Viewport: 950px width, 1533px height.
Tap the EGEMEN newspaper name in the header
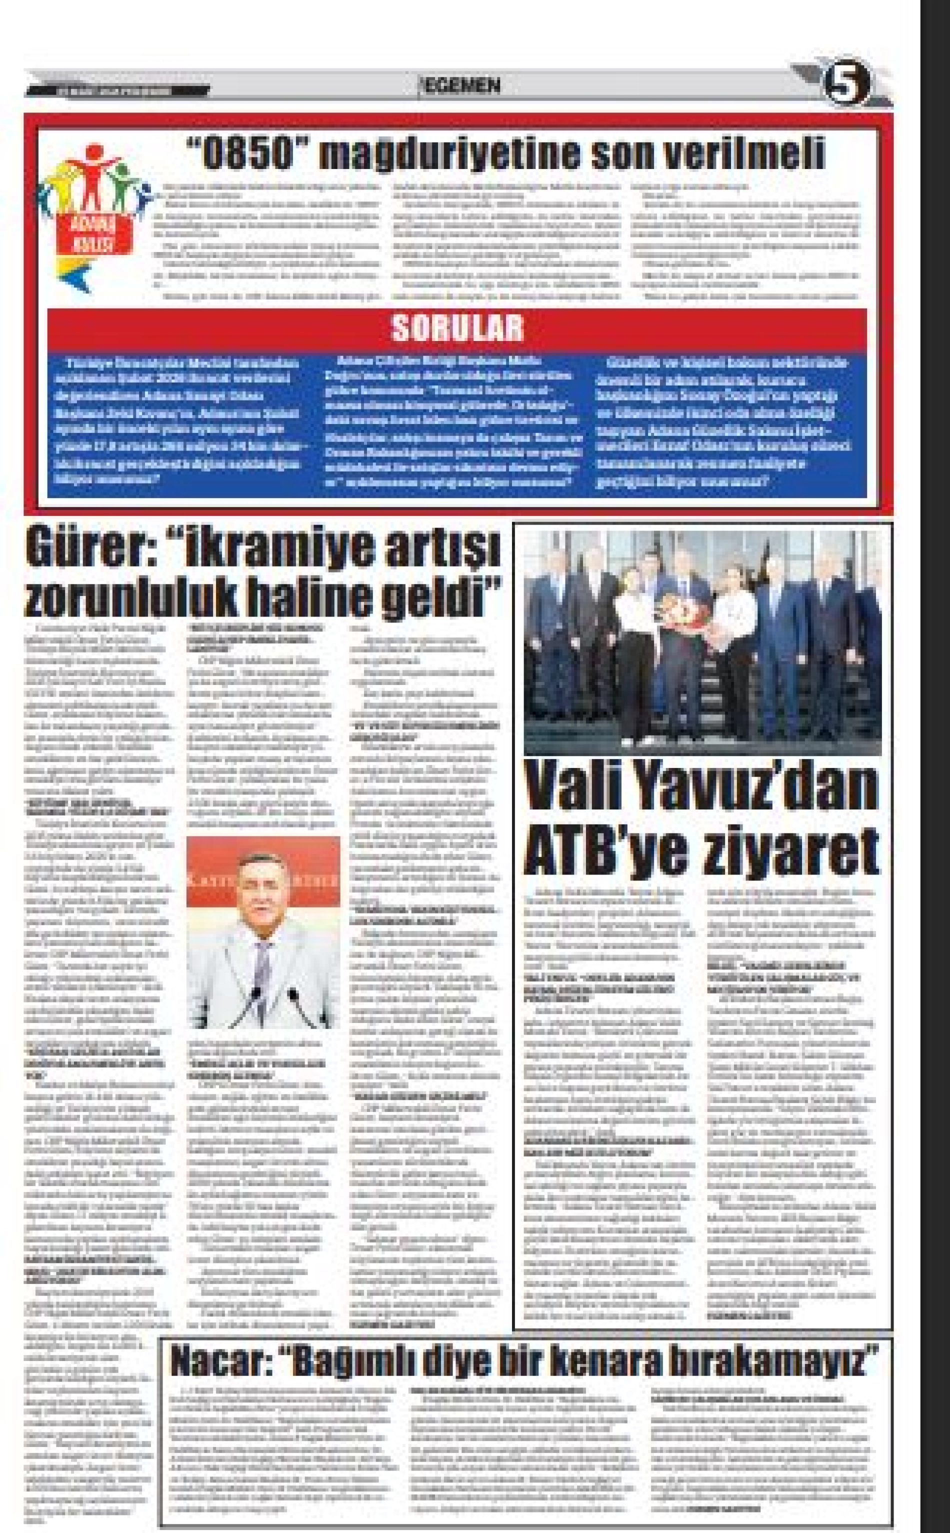click(462, 86)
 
